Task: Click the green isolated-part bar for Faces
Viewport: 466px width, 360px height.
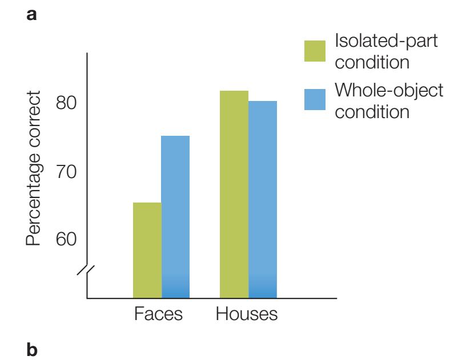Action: (x=147, y=250)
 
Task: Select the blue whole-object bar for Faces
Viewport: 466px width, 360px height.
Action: (x=175, y=217)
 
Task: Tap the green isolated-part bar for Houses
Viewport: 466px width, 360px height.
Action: (x=234, y=194)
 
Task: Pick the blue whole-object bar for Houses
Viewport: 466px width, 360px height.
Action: (x=263, y=199)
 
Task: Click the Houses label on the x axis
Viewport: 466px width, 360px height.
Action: (x=247, y=314)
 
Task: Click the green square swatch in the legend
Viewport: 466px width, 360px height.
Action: (x=314, y=51)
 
